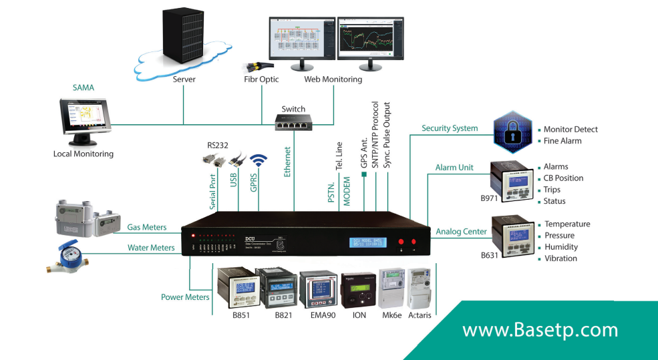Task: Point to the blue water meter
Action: (x=67, y=256)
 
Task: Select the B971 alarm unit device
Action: (x=512, y=179)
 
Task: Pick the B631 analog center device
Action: (x=512, y=234)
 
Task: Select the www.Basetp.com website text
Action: (x=540, y=330)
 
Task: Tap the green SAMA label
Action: (x=84, y=87)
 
